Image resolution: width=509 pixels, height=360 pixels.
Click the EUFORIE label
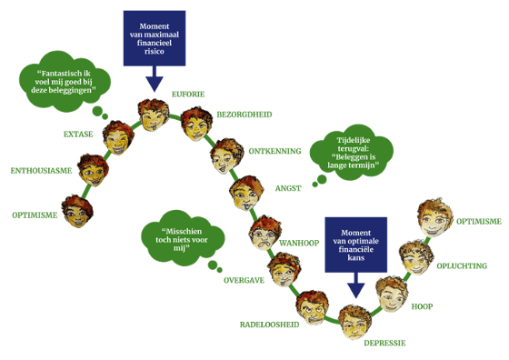(x=188, y=95)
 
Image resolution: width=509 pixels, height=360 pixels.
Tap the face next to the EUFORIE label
(x=154, y=115)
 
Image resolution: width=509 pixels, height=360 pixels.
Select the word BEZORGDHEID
(x=245, y=115)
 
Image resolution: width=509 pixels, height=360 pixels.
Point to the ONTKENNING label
(x=274, y=151)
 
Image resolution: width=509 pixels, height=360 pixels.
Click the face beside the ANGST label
(x=246, y=193)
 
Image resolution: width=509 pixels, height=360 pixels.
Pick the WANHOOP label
(x=299, y=243)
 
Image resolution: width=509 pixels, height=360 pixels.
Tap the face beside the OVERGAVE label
(x=284, y=269)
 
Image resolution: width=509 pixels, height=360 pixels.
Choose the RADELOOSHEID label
(x=269, y=325)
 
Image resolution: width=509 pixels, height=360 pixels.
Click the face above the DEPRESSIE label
(x=355, y=322)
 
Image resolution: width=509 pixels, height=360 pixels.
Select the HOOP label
(x=422, y=306)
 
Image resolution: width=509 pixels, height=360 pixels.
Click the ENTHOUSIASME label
(x=41, y=171)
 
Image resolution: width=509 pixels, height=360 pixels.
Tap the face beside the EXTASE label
(x=118, y=137)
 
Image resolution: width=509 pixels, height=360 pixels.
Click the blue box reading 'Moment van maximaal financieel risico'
(x=155, y=38)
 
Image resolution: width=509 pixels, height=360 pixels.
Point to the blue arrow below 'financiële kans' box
(x=355, y=285)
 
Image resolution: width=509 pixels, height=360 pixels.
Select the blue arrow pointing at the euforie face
(x=155, y=79)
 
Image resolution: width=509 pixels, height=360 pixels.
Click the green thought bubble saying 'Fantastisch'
(x=65, y=82)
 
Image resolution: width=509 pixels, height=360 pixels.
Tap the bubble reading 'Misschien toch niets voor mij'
(x=183, y=238)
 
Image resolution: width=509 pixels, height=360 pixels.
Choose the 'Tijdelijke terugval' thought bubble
(x=352, y=153)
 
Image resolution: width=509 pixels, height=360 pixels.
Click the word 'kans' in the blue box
(x=355, y=258)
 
